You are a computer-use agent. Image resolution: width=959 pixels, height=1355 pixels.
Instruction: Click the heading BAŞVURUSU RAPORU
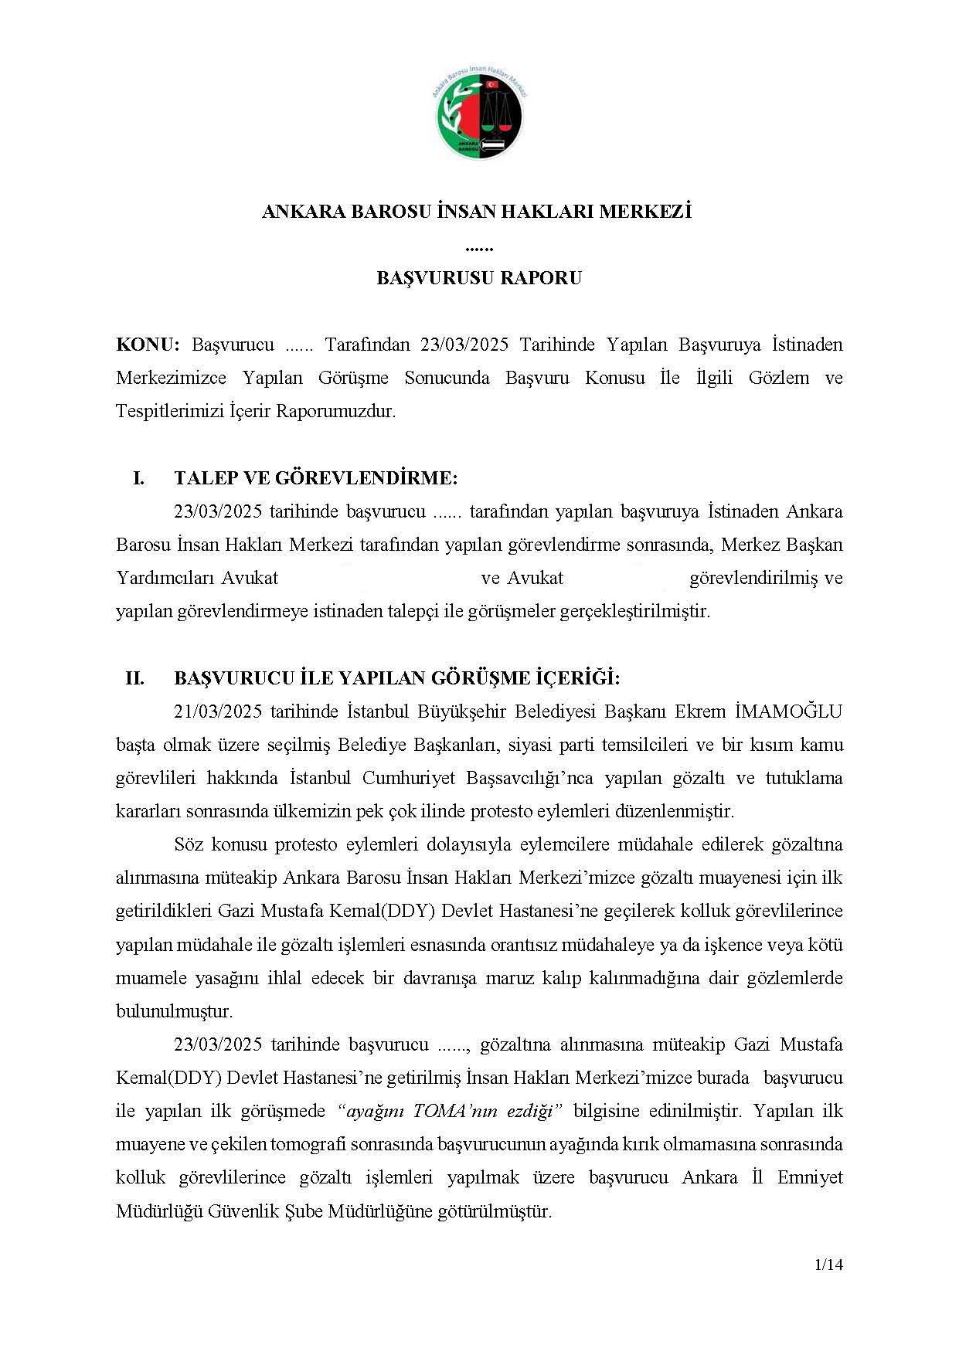[479, 278]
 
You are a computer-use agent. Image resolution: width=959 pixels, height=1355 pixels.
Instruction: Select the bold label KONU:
[148, 345]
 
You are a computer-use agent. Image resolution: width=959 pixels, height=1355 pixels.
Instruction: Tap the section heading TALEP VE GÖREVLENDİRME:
[316, 478]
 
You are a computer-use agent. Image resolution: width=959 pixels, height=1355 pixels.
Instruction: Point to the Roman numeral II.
[135, 679]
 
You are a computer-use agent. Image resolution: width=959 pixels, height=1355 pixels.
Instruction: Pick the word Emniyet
[811, 1178]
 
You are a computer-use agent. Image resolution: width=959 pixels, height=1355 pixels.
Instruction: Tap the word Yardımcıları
[165, 579]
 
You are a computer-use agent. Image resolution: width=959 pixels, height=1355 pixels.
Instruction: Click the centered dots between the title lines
[479, 247]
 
